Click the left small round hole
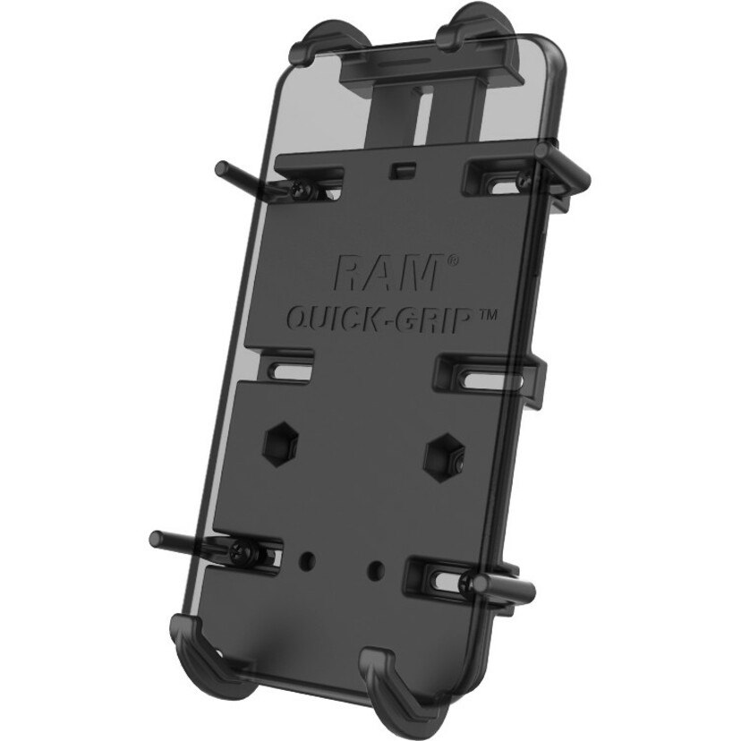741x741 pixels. pos(308,558)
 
